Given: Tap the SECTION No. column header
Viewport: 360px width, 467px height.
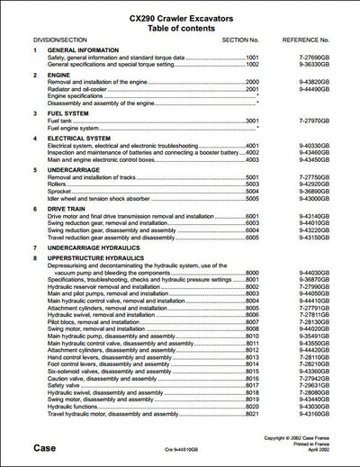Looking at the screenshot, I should (240, 40).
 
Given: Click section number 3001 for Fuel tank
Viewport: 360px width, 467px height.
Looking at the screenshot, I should (252, 121).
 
